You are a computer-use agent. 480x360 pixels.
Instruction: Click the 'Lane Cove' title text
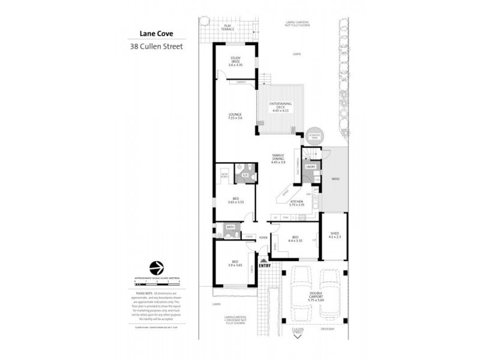(148, 35)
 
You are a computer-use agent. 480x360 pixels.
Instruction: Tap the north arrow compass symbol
(156, 266)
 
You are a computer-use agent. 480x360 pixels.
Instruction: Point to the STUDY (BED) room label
(236, 59)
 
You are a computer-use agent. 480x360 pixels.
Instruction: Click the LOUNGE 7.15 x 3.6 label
(235, 116)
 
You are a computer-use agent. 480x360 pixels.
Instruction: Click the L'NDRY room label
(311, 166)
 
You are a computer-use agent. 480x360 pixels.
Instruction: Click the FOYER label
(263, 238)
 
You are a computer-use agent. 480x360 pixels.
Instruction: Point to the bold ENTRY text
(265, 266)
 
